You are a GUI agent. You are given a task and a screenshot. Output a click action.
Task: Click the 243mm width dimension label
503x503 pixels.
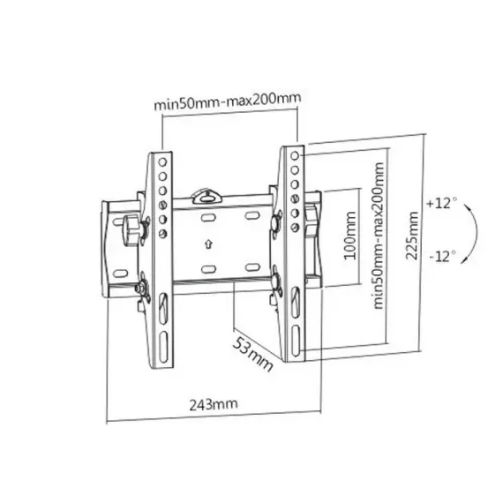(x=214, y=404)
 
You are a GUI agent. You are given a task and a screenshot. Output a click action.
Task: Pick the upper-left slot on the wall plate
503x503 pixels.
(x=208, y=215)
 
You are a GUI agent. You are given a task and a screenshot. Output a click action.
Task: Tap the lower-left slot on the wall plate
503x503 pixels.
(x=208, y=267)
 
